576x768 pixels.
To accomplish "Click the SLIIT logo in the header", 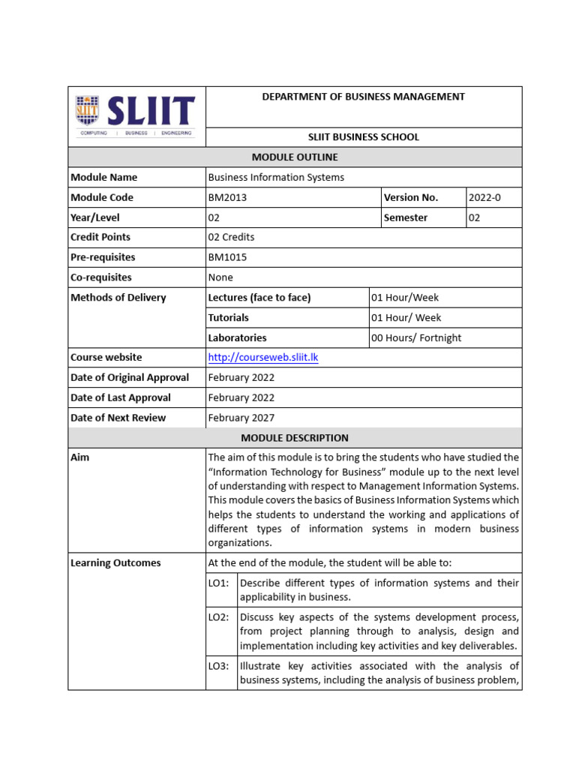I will pyautogui.click(x=135, y=115).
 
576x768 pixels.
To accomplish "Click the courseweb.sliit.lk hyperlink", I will pyautogui.click(x=262, y=358).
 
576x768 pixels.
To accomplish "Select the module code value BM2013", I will pyautogui.click(x=226, y=197).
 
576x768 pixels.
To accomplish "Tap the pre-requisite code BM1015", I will pyautogui.click(x=226, y=257).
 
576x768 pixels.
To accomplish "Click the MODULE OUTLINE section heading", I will pyautogui.click(x=295, y=157).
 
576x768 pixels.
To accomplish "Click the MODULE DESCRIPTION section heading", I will pyautogui.click(x=295, y=437).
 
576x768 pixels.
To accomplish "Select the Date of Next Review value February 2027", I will pyautogui.click(x=241, y=418).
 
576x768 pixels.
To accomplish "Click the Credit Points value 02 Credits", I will pyautogui.click(x=231, y=237).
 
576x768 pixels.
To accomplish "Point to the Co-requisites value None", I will pyautogui.click(x=220, y=277).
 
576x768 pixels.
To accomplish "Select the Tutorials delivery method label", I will pyautogui.click(x=228, y=317).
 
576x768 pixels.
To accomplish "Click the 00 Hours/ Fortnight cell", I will pyautogui.click(x=416, y=337).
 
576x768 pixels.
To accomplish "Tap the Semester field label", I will pyautogui.click(x=406, y=217).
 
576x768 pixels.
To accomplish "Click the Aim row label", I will pyautogui.click(x=79, y=457).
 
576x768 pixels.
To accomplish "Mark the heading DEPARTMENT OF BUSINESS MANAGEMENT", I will pyautogui.click(x=363, y=97).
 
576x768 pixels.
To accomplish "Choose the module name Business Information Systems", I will pyautogui.click(x=275, y=177).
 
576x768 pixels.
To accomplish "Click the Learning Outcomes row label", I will pyautogui.click(x=115, y=562).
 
